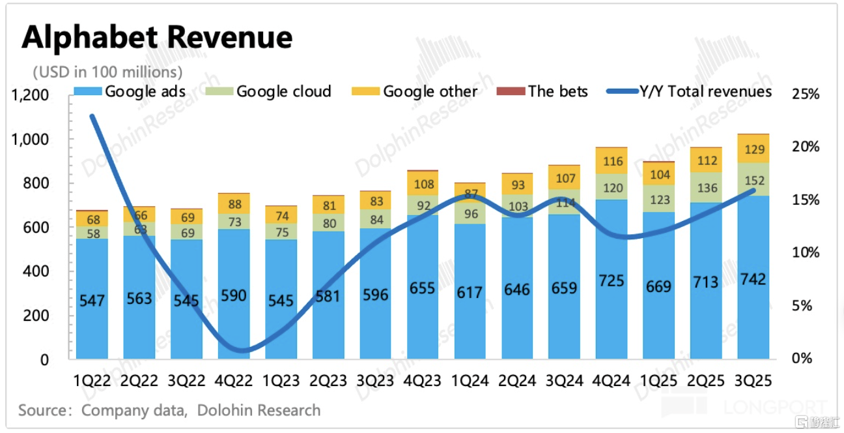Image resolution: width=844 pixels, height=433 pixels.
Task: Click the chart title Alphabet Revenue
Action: (157, 38)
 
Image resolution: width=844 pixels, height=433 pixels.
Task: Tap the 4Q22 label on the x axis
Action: (234, 381)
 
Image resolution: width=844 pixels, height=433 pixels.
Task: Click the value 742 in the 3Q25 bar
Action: (753, 278)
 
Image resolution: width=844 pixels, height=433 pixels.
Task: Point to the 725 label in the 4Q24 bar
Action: (611, 281)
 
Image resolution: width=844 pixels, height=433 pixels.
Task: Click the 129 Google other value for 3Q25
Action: (753, 151)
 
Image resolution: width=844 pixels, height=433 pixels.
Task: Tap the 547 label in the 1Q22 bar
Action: (92, 301)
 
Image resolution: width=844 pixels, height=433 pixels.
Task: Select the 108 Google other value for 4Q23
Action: (423, 185)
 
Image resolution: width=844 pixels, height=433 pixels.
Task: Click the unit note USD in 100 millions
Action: (107, 71)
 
